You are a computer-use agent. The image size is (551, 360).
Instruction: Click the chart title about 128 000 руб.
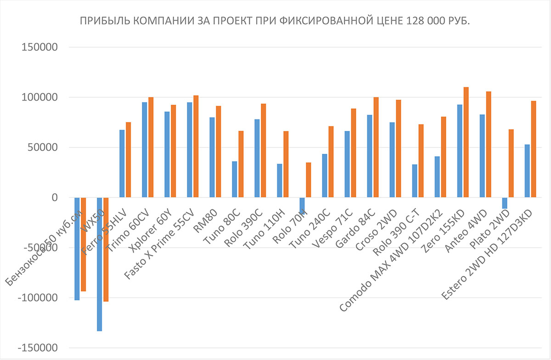pos(275,22)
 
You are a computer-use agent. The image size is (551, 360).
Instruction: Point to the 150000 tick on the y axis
pos(39,47)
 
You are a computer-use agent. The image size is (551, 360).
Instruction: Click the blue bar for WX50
pos(100,264)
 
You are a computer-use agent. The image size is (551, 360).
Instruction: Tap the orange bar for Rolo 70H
pos(309,180)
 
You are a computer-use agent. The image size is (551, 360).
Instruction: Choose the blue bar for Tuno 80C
pos(235,180)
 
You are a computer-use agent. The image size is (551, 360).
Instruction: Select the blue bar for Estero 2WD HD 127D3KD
pos(527,171)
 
